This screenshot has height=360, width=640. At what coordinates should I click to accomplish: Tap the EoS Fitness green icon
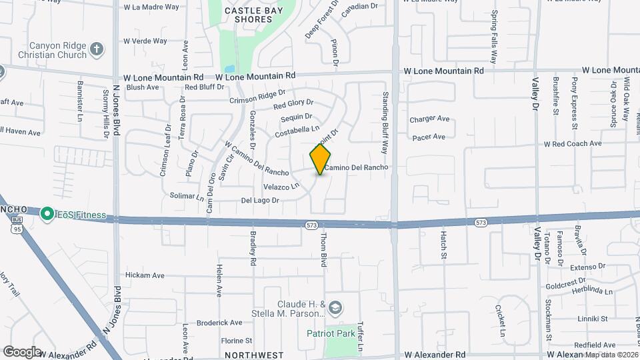[x=47, y=214]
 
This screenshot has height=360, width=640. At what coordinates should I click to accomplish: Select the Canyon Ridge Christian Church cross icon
[x=97, y=48]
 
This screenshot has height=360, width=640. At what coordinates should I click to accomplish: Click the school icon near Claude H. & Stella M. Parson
[x=335, y=307]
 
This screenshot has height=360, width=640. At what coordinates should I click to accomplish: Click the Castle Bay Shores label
[x=249, y=15]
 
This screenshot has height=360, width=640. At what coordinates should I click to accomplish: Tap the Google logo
[x=22, y=351]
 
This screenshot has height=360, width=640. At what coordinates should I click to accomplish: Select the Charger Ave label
[x=429, y=119]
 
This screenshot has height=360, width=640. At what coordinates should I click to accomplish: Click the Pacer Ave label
[x=428, y=137]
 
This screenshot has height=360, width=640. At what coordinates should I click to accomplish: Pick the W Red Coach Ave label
[x=573, y=143]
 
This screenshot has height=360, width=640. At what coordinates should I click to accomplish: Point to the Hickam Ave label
[x=145, y=275]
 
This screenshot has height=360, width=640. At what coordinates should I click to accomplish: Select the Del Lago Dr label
[x=259, y=199]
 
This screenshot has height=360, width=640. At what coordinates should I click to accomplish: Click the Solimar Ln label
[x=187, y=197]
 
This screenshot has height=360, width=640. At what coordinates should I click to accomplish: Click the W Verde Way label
[x=145, y=41]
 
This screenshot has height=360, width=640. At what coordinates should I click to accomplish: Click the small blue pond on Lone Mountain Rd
[x=229, y=69]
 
